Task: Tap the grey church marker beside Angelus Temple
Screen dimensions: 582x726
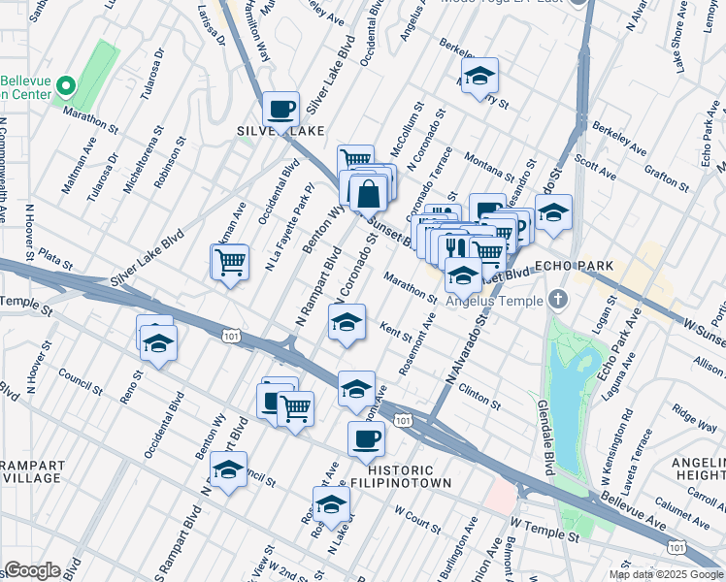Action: [557, 299]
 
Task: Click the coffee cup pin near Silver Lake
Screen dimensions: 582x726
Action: [280, 110]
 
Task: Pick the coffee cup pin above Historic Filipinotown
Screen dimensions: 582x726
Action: [366, 439]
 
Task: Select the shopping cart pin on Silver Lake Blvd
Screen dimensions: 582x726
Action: [230, 262]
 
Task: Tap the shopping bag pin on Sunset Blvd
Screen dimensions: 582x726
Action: [369, 194]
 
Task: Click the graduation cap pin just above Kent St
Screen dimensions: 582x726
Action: [346, 324]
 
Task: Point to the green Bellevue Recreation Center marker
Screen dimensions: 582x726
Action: [67, 87]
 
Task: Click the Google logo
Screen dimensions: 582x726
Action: [32, 570]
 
